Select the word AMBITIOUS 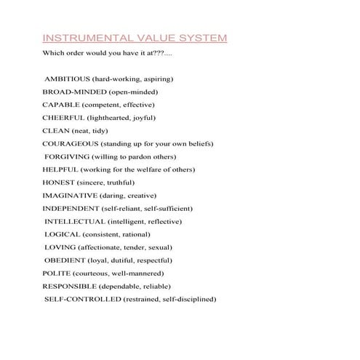[x=68, y=79]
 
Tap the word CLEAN [x=55, y=131]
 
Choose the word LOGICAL [x=62, y=234]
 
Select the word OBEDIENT [x=65, y=260]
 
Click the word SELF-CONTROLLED [x=82, y=300]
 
